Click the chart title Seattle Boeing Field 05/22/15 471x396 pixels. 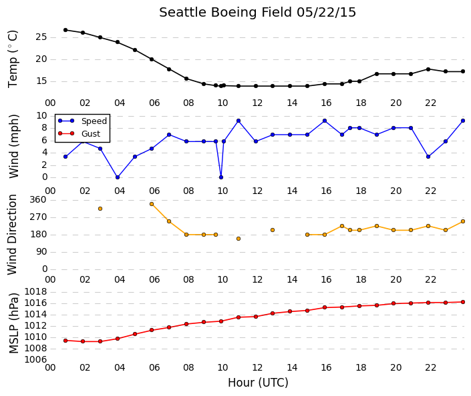pyautogui.click(x=257, y=13)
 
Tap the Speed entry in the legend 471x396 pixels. pyautogui.click(x=94, y=121)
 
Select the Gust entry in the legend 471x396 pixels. pyautogui.click(x=91, y=134)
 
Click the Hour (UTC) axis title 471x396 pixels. pyautogui.click(x=258, y=383)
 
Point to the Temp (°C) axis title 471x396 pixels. pyautogui.click(x=13, y=59)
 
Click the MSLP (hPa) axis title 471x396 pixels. pyautogui.click(x=14, y=323)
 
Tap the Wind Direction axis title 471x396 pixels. pyautogui.click(x=12, y=235)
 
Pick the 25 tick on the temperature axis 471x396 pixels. pyautogui.click(x=41, y=37)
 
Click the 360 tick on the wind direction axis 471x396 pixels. pyautogui.click(x=38, y=200)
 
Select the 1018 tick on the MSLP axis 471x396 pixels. pyautogui.click(x=35, y=292)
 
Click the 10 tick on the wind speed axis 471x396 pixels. pyautogui.click(x=41, y=116)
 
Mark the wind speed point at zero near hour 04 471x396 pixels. pyautogui.click(x=118, y=177)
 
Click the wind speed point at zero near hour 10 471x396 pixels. pyautogui.click(x=221, y=177)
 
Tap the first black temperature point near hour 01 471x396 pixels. pyautogui.click(x=65, y=30)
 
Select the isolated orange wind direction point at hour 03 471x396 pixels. pyautogui.click(x=100, y=209)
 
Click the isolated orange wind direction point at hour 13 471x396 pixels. pyautogui.click(x=273, y=230)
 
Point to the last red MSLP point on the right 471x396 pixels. pyautogui.click(x=463, y=302)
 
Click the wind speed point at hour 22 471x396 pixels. pyautogui.click(x=428, y=157)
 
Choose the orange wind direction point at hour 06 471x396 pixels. pyautogui.click(x=152, y=204)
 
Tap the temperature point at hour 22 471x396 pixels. pyautogui.click(x=428, y=69)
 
